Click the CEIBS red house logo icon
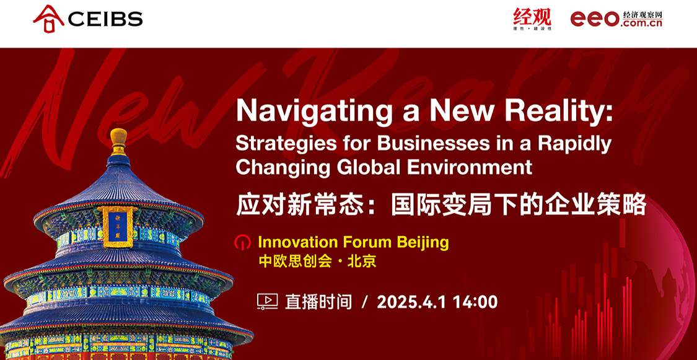pos(48,18)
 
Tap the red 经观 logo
pos(532,19)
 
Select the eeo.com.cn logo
pos(616,19)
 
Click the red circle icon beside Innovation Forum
pos(242,243)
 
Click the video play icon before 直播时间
pos(267,302)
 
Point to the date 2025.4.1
pos(411,302)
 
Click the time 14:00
pos(475,302)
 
